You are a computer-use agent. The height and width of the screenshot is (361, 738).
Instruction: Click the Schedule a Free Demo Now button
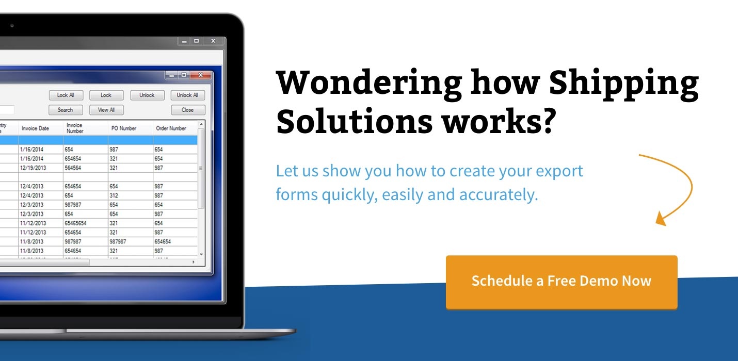pyautogui.click(x=561, y=281)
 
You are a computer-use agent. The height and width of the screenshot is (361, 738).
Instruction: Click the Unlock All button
pyautogui.click(x=188, y=95)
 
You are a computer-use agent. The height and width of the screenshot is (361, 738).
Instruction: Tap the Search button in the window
pyautogui.click(x=65, y=110)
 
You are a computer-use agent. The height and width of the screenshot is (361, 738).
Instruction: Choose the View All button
pyautogui.click(x=106, y=110)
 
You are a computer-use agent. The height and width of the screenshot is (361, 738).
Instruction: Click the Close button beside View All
pyautogui.click(x=188, y=110)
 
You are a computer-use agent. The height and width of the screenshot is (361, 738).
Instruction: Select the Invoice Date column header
pyautogui.click(x=36, y=128)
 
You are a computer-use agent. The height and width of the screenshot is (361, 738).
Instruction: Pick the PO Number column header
pyautogui.click(x=124, y=128)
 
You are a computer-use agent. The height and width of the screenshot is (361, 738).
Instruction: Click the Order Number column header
pyautogui.click(x=171, y=128)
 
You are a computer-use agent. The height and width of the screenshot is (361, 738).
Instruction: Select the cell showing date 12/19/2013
pyautogui.click(x=33, y=168)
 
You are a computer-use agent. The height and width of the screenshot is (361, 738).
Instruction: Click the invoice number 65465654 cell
pyautogui.click(x=76, y=223)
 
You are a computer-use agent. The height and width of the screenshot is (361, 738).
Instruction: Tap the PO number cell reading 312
pyautogui.click(x=114, y=195)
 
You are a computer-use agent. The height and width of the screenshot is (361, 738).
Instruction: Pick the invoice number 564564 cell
pyautogui.click(x=73, y=168)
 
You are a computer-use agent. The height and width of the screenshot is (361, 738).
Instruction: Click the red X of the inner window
pyautogui.click(x=200, y=75)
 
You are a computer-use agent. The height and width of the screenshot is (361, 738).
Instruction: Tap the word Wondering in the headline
pyautogui.click(x=369, y=84)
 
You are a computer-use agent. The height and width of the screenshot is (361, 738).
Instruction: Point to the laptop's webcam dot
pyautogui.click(x=12, y=25)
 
